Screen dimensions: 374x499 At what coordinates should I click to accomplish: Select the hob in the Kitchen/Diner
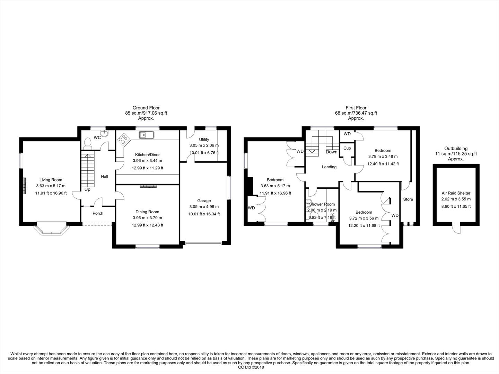(x=123, y=140)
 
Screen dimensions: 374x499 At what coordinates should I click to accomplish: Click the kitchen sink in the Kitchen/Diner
(x=147, y=134)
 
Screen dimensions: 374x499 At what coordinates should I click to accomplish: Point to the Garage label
(x=204, y=201)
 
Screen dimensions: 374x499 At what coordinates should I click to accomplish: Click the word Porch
(x=98, y=213)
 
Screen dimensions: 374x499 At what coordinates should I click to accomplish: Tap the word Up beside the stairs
(x=87, y=190)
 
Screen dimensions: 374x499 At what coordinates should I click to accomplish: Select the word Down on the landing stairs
(x=331, y=152)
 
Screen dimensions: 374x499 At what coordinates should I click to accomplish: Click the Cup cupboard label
(x=347, y=148)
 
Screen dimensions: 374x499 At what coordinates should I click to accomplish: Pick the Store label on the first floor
(x=408, y=199)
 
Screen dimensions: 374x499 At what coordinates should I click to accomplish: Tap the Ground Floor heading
(x=146, y=108)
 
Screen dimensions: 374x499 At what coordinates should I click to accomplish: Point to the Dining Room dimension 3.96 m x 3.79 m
(x=147, y=218)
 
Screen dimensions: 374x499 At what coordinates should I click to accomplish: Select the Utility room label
(x=204, y=139)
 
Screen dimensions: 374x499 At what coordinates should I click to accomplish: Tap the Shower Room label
(x=322, y=204)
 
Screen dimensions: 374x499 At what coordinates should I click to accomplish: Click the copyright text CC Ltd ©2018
(x=249, y=368)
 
